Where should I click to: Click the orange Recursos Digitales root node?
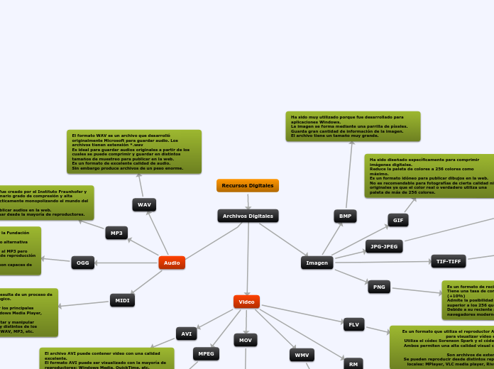tap(248, 186)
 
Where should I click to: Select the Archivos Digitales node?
tap(248, 216)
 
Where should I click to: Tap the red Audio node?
tap(172, 263)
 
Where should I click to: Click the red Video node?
tap(246, 302)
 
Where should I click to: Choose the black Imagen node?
tap(317, 263)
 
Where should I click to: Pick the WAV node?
tap(144, 204)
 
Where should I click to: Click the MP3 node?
tap(116, 233)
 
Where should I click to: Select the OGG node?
tap(82, 263)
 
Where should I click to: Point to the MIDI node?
tap(122, 300)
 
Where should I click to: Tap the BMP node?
tap(345, 216)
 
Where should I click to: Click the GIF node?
tap(397, 220)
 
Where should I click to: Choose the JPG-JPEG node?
tap(384, 246)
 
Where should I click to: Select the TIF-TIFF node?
tap(448, 261)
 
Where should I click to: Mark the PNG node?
tap(379, 287)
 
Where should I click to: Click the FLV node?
tap(353, 324)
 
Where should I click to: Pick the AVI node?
tap(186, 333)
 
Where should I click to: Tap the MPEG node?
tap(206, 353)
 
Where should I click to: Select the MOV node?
tap(246, 340)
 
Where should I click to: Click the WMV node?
tap(302, 354)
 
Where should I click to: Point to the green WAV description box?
tap(134, 151)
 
